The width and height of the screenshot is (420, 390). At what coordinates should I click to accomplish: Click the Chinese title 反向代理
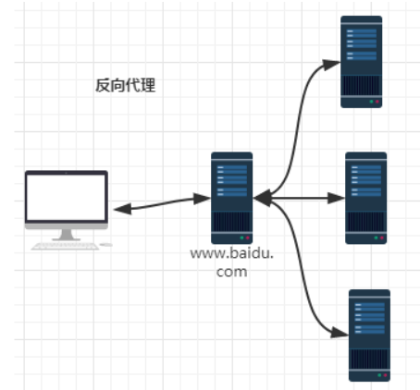tap(126, 85)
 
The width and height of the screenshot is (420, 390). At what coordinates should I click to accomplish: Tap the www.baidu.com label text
tap(232, 262)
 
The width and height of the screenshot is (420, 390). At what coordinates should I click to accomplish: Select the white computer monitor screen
tap(67, 197)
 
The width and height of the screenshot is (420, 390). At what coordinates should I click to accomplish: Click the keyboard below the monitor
tap(66, 246)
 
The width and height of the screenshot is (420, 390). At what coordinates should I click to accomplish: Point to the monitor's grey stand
tap(67, 235)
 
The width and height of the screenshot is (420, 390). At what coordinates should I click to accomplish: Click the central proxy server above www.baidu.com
tap(232, 198)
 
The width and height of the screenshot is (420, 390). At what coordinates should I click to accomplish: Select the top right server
tap(362, 62)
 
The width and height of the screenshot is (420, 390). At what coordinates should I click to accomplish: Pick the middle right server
tap(366, 198)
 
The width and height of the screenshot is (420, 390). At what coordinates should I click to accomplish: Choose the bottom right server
tap(369, 335)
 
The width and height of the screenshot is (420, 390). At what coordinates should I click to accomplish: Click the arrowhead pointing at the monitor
tap(122, 209)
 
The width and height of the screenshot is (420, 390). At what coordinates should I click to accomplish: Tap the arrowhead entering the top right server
tap(331, 65)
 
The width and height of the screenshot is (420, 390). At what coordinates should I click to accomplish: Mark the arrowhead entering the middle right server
tap(336, 198)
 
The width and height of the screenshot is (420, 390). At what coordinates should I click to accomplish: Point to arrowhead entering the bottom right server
tap(340, 333)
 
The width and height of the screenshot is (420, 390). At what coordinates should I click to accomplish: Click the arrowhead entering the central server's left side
tap(203, 199)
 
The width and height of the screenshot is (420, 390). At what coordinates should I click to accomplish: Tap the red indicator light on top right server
tap(377, 102)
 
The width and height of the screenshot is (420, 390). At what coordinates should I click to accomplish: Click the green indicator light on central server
tap(241, 238)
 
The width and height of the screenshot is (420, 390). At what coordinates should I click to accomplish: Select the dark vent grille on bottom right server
tap(369, 359)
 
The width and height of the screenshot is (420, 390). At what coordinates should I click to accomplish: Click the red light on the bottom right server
tap(385, 375)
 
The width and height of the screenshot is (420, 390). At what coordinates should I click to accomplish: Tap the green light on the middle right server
tap(376, 238)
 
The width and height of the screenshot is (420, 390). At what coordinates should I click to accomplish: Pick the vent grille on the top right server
tap(362, 85)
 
